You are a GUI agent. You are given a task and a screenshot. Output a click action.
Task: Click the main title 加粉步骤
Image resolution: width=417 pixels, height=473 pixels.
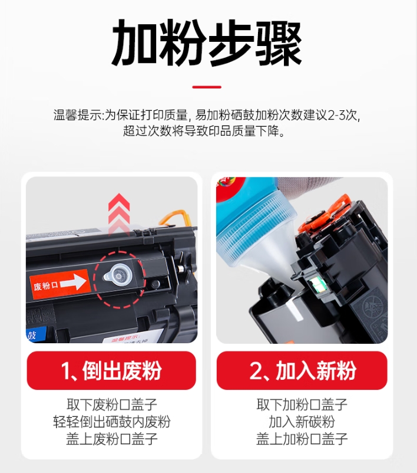coord(206,42)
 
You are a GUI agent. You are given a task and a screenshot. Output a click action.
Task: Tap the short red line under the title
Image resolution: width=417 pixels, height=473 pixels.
coord(207,87)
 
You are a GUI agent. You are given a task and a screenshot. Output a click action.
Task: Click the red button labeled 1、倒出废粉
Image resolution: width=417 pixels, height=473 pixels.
coord(111,370)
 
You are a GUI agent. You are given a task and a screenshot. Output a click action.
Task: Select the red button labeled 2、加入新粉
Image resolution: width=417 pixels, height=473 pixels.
coord(302,370)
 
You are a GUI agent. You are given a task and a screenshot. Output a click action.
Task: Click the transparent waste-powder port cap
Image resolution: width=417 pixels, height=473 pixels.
coord(118,275)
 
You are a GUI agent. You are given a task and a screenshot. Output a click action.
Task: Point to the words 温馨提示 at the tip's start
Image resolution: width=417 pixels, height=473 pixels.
coord(78,115)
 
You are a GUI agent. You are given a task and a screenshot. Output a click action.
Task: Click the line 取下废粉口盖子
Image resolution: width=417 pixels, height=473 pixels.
coord(112,405)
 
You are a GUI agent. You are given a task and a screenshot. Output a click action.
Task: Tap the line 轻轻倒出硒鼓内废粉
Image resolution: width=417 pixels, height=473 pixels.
coord(112,422)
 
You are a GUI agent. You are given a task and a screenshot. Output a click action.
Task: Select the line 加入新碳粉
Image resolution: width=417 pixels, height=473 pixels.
coord(302,422)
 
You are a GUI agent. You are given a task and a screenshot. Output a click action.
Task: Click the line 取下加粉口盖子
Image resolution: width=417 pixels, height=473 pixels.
coord(302,405)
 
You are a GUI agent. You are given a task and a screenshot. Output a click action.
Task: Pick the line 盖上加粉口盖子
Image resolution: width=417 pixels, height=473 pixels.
coord(302,439)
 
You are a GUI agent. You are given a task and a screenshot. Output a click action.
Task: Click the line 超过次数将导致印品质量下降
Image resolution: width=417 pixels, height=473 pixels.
coord(204,132)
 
